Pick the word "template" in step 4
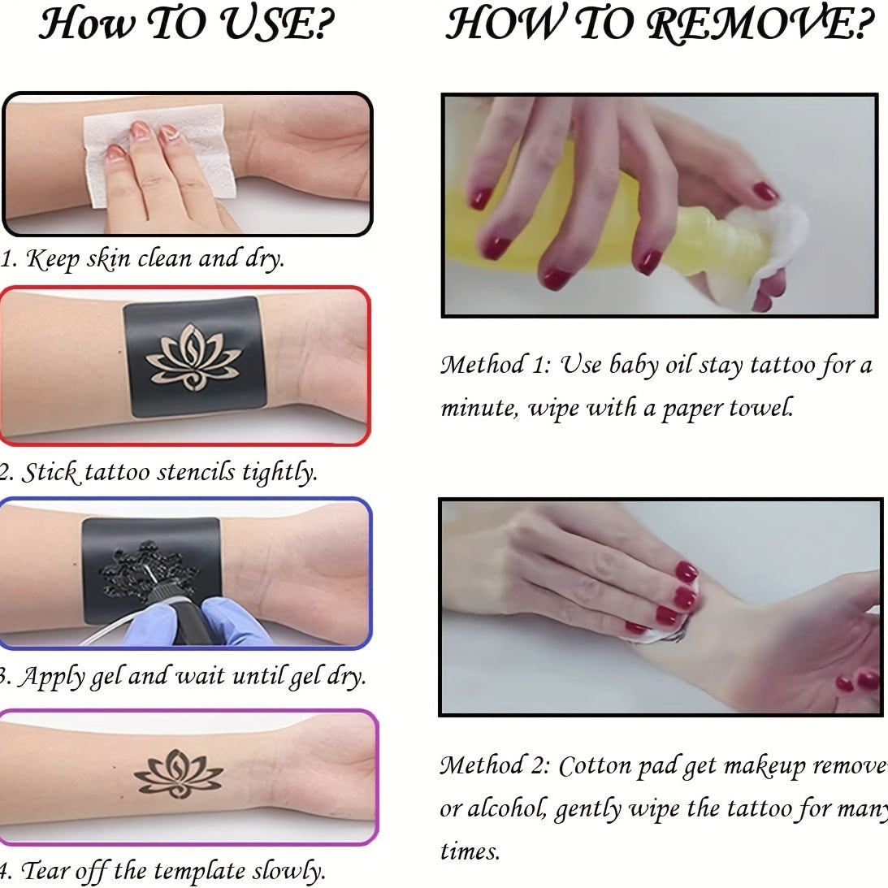[200, 871]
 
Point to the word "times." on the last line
[470, 851]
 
